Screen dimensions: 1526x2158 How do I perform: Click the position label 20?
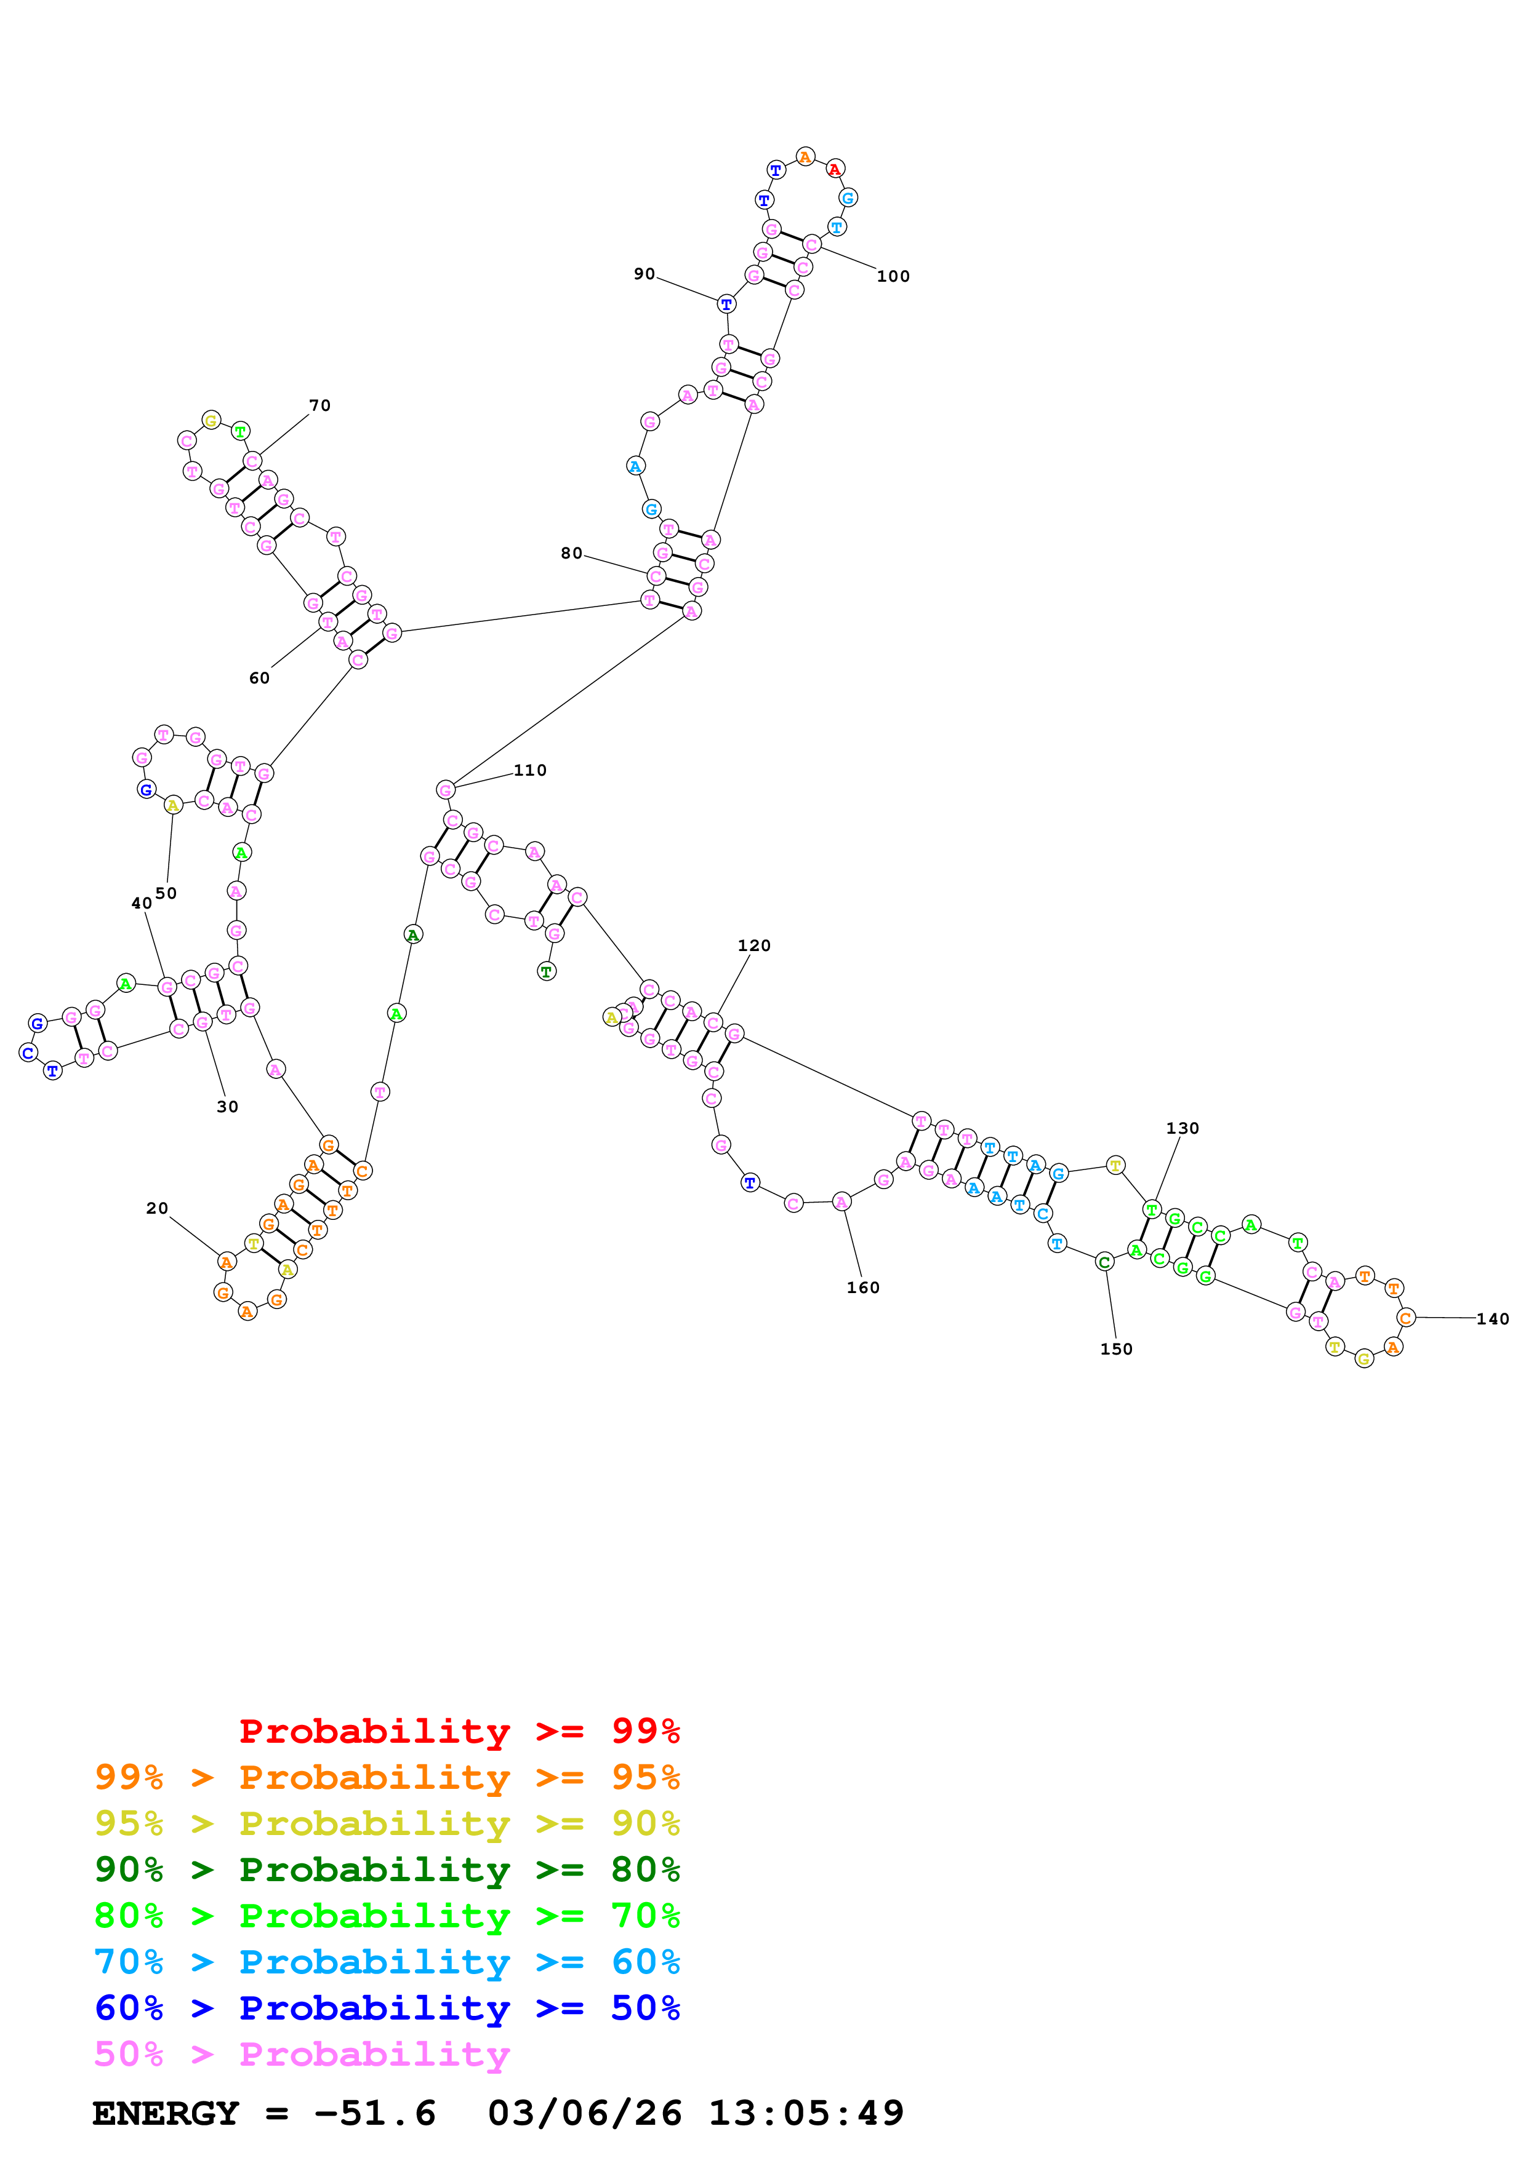coord(157,1209)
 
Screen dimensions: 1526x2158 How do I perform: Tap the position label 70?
coord(319,406)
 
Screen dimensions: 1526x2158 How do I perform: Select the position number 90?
coord(644,274)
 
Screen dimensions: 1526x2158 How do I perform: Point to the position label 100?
coord(893,276)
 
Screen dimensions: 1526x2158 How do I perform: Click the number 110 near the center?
coord(530,771)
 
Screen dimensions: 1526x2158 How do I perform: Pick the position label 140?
coord(1492,1320)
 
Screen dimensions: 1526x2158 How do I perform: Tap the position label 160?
coord(863,1289)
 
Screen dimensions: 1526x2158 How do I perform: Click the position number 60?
coord(260,679)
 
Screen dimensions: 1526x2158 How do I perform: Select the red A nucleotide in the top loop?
coord(835,169)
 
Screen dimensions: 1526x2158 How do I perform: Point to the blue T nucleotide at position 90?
coord(726,304)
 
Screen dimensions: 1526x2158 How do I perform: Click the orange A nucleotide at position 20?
coord(227,1262)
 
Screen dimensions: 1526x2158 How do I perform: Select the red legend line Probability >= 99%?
coord(459,1731)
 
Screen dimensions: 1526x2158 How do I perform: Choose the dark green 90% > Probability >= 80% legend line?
coord(387,1869)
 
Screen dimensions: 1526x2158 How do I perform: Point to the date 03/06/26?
coord(585,2114)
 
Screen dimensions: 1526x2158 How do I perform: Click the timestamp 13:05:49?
coord(806,2114)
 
